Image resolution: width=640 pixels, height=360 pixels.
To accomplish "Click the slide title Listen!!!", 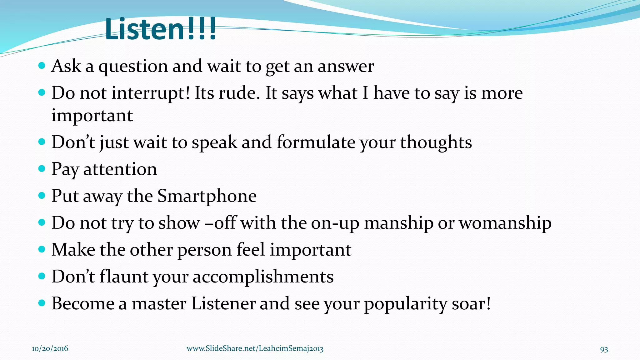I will click(x=161, y=29).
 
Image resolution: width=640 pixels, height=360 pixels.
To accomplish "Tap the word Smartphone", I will click(x=207, y=196).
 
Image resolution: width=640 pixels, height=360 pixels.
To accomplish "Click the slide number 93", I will click(x=604, y=349).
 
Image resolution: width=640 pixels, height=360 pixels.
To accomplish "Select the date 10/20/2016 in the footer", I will click(x=50, y=349).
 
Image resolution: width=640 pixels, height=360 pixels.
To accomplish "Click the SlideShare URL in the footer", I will click(x=255, y=349).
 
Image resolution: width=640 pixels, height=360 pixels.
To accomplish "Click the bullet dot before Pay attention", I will click(x=42, y=169).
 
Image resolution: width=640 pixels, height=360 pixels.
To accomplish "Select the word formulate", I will click(x=316, y=142).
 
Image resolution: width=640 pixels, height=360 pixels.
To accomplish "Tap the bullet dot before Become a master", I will click(x=42, y=303).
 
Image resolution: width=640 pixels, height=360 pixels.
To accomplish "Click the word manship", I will click(x=399, y=223).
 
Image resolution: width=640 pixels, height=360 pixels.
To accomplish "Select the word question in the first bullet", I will click(x=133, y=67).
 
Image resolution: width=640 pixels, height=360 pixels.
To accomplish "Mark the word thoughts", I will click(x=436, y=142).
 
